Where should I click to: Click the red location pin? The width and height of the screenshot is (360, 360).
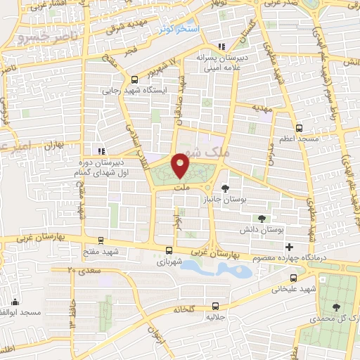point(181,165)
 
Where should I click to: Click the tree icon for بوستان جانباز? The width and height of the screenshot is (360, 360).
point(225,188)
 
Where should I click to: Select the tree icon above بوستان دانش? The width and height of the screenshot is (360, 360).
point(262,219)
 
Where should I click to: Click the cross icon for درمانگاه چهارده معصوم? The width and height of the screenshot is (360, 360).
point(289,247)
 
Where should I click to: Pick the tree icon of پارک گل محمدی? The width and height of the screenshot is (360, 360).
point(337,307)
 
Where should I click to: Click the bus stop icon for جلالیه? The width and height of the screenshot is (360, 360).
point(214,306)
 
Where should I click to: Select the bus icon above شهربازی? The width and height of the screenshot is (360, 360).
point(169,250)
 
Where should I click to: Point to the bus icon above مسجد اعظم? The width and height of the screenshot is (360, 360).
point(299,128)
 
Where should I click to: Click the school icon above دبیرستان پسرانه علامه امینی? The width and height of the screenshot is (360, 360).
point(222,46)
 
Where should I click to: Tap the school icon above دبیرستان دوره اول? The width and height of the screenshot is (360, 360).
point(102,150)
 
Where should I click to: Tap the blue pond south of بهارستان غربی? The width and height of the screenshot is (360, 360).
point(211,268)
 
